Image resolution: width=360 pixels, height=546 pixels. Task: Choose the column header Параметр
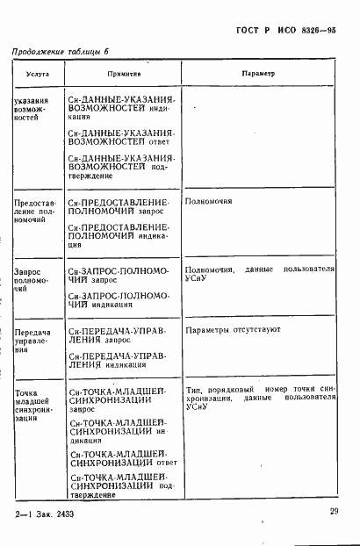tap(258, 75)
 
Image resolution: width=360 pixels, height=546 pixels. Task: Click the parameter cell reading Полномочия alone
tap(209, 202)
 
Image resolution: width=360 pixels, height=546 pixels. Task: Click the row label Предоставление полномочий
tap(35, 211)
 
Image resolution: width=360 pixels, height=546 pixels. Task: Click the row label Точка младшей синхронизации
tap(34, 402)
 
